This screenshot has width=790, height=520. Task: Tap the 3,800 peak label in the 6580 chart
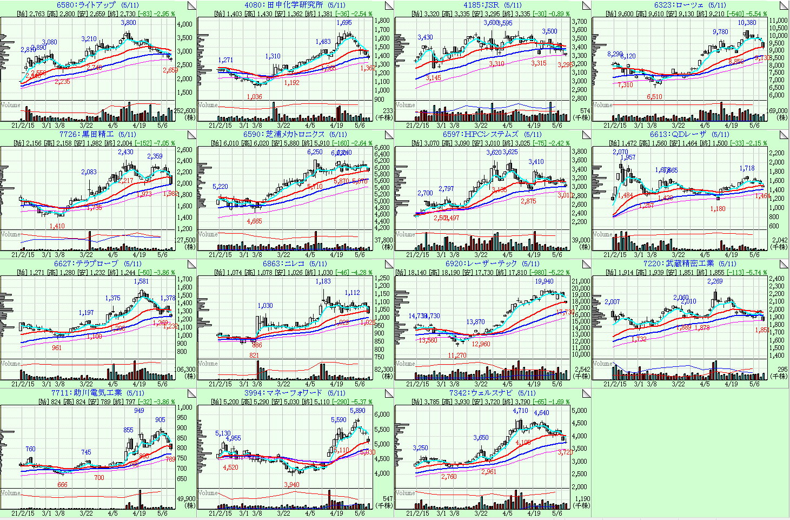pos(128,23)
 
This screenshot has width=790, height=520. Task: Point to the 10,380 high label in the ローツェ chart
pos(747,23)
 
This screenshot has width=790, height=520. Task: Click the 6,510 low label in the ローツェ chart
pos(654,97)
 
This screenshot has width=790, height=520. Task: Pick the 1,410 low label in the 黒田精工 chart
pos(57,226)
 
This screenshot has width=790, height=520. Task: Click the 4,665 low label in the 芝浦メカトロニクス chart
pos(254,221)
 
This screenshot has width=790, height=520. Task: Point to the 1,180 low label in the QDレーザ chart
pos(718,209)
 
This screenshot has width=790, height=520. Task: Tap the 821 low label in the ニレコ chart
pos(254,356)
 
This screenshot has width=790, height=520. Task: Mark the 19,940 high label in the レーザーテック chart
pos(544,281)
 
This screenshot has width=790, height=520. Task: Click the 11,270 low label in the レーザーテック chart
pos(457,356)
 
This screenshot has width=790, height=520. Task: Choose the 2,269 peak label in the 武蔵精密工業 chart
pos(714,281)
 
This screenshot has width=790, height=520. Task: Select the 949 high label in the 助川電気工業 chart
pos(139,411)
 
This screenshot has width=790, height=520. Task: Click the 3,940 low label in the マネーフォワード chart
pos(291,485)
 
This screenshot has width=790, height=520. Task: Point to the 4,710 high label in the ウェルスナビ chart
pos(520,411)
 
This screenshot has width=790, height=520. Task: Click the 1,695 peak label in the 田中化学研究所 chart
pos(344,23)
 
